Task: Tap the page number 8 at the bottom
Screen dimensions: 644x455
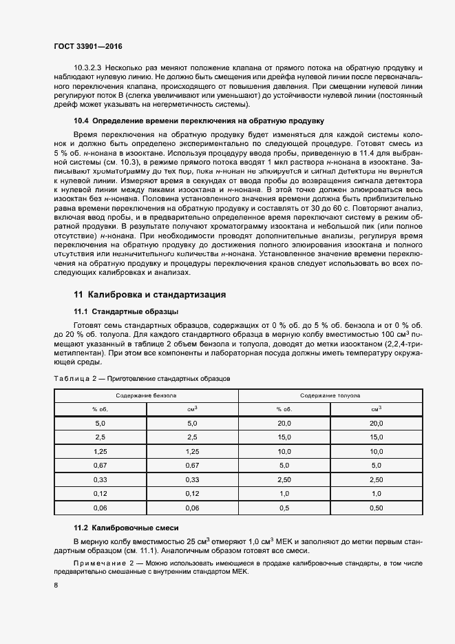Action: [x=56, y=585]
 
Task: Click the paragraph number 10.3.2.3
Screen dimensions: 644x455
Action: [x=87, y=69]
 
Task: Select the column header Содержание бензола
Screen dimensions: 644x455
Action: [x=146, y=395]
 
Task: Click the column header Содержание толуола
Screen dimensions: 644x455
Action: [x=330, y=395]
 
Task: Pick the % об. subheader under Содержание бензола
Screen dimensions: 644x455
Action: [x=100, y=409]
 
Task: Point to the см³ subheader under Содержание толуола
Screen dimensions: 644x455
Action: [x=377, y=409]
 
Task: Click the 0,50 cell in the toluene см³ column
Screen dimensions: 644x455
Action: [x=377, y=508]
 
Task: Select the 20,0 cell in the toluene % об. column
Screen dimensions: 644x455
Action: [x=284, y=424]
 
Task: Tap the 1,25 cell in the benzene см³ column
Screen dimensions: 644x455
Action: [x=192, y=452]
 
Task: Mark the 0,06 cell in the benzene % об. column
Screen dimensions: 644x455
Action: [x=100, y=508]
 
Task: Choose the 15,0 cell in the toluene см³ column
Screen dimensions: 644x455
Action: [x=377, y=437]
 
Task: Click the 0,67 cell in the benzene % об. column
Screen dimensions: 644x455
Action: [x=100, y=466]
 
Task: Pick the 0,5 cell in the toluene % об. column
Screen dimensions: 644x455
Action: [x=284, y=508]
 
